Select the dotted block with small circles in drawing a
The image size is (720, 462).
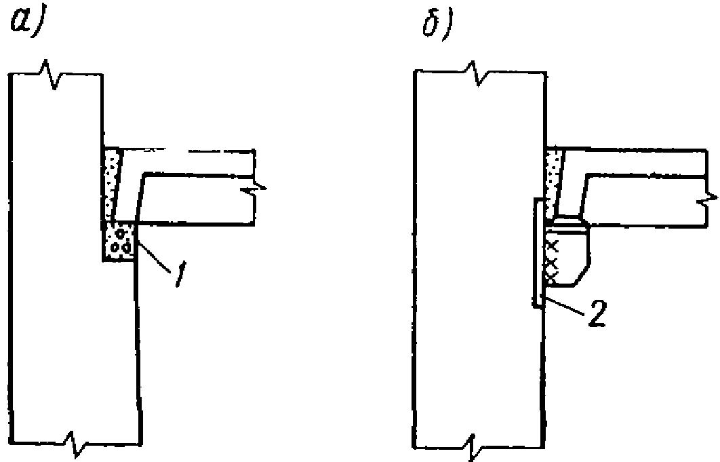coord(118,242)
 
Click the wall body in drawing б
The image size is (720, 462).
coord(475,271)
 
